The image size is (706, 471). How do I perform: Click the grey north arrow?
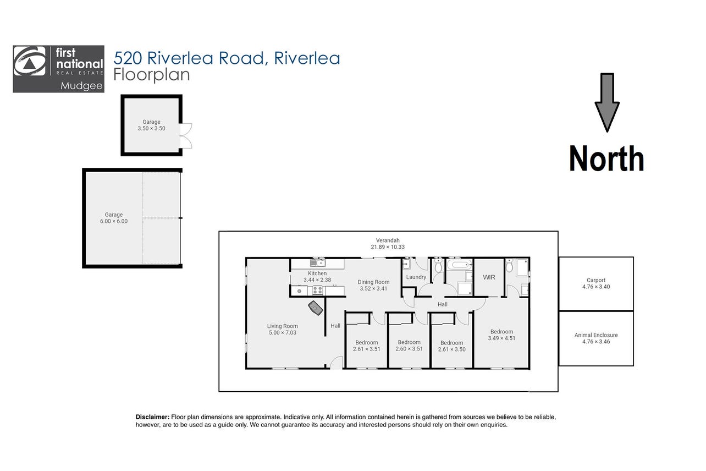pyautogui.click(x=607, y=102)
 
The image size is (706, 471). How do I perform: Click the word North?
pyautogui.click(x=606, y=158)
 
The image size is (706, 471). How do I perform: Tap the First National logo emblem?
pyautogui.click(x=30, y=61)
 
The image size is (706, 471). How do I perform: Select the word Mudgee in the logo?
pyautogui.click(x=81, y=86)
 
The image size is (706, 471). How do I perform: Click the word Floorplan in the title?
pyautogui.click(x=152, y=75)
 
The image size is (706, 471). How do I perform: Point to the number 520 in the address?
pyautogui.click(x=128, y=58)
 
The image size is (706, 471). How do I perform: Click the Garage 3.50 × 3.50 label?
pyautogui.click(x=151, y=125)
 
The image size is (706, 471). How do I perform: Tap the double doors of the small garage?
pyautogui.click(x=186, y=136)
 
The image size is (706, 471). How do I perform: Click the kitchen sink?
pyautogui.click(x=317, y=262)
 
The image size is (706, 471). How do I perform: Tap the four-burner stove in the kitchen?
pyautogui.click(x=317, y=290)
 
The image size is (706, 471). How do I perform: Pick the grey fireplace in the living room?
pyautogui.click(x=316, y=308)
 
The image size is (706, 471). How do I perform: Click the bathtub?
pyautogui.click(x=460, y=264)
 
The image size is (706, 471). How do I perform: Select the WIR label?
pyautogui.click(x=489, y=277)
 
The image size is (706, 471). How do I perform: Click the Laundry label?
pyautogui.click(x=416, y=277)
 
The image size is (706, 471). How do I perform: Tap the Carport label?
pyautogui.click(x=596, y=280)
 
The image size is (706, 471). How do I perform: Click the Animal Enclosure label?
pyautogui.click(x=596, y=335)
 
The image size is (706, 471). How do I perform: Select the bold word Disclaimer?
pyautogui.click(x=152, y=417)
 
